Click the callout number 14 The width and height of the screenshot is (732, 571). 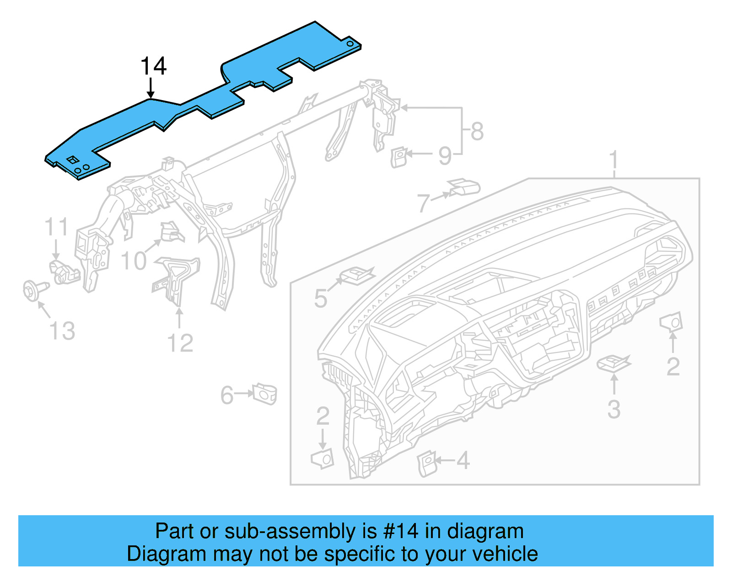click(x=153, y=66)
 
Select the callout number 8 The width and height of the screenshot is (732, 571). click(x=477, y=132)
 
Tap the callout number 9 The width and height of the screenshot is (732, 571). click(x=445, y=156)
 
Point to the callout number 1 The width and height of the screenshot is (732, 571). click(x=614, y=160)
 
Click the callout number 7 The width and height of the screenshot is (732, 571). click(x=424, y=203)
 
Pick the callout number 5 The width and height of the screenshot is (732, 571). click(x=321, y=299)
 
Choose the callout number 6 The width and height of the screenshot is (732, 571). click(x=227, y=395)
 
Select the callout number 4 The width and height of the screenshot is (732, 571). click(x=463, y=460)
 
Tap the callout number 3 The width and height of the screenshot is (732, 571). click(x=614, y=410)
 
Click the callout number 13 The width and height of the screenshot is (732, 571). click(x=62, y=331)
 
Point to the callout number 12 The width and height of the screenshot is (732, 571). click(x=180, y=343)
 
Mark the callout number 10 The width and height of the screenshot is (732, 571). click(x=134, y=261)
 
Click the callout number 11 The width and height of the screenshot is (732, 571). click(x=56, y=227)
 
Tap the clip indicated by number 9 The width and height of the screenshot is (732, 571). click(x=398, y=156)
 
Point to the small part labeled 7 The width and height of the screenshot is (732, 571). click(x=464, y=187)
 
